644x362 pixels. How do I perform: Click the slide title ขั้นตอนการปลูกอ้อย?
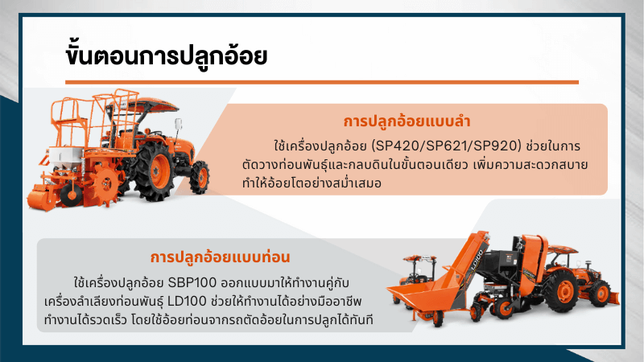tap(167, 56)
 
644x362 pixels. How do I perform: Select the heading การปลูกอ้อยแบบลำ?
tap(407, 121)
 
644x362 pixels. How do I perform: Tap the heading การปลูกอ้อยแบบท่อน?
tap(220, 257)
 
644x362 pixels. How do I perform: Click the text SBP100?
tap(192, 283)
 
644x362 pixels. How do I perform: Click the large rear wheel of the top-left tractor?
tap(155, 171)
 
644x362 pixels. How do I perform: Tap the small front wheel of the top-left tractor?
tap(200, 177)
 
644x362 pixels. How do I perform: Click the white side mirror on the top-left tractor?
tap(178, 124)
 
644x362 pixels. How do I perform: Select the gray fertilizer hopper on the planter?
tap(66, 156)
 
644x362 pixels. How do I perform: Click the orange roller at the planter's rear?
tap(42, 200)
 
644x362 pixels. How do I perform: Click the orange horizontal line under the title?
tap(322, 83)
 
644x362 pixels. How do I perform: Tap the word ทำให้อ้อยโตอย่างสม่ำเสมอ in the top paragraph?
tap(312, 183)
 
